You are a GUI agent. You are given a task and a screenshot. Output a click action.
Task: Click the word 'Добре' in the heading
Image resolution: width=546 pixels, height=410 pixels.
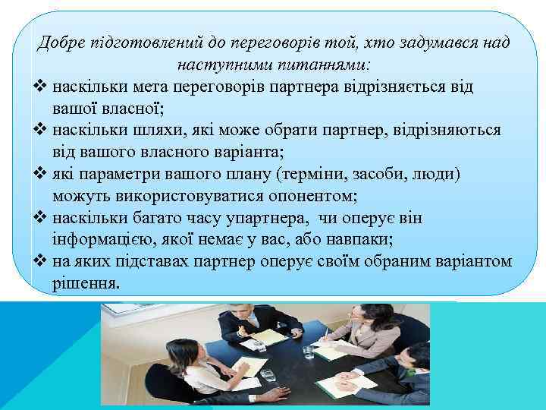tap(61, 42)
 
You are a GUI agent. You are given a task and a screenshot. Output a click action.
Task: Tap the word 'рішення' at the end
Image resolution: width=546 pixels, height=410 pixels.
tap(86, 284)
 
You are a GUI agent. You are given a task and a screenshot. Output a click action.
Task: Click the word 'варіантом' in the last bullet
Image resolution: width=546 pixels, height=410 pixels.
tap(474, 262)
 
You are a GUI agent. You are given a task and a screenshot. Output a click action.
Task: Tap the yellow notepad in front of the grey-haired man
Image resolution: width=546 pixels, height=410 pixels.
tap(269, 336)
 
